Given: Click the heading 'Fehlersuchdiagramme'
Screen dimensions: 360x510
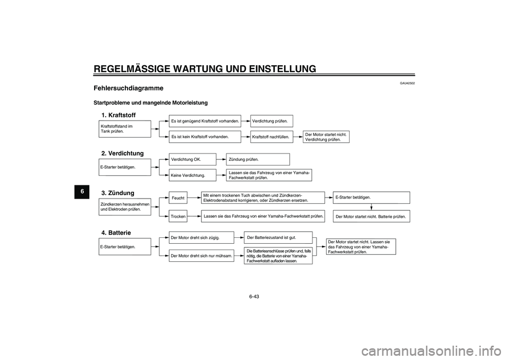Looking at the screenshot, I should tap(128, 88).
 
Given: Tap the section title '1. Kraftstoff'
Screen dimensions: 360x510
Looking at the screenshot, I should tap(118, 115).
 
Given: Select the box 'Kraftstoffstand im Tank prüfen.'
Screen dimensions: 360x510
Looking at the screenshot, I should tap(125, 128).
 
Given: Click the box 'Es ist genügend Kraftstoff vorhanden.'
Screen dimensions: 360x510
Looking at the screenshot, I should tap(205, 121).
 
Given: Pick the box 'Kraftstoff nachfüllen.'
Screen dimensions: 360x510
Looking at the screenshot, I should tap(271, 136).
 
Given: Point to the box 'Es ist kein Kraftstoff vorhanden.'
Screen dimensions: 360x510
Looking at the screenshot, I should tap(205, 136).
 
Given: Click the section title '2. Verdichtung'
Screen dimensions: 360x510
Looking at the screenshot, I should tap(122, 153).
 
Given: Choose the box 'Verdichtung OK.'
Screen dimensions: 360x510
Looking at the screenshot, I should tap(192, 159).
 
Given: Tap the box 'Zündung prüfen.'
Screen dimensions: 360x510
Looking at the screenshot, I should tap(258, 159).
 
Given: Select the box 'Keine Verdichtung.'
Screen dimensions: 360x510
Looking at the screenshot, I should tap(192, 175).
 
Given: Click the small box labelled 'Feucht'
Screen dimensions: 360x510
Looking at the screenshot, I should tap(178, 198).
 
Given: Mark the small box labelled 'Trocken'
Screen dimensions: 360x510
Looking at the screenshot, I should tap(178, 217).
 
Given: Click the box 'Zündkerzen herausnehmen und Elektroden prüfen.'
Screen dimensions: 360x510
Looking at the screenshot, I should tap(125, 207).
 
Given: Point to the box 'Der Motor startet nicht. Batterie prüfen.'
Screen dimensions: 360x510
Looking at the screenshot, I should tap(372, 217).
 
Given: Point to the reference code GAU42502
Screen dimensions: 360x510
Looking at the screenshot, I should tap(407, 83).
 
